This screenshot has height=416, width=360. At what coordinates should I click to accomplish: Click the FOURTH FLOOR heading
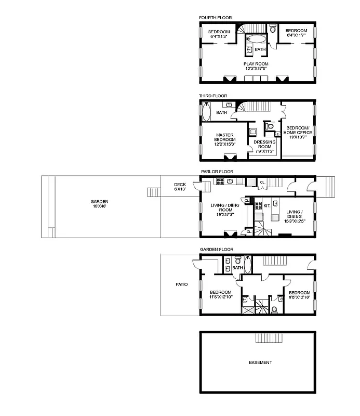[215, 18]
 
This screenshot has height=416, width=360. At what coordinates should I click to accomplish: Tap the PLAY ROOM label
[256, 64]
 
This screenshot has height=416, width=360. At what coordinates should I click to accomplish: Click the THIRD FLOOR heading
[213, 96]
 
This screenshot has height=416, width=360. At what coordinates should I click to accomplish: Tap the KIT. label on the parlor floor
[266, 206]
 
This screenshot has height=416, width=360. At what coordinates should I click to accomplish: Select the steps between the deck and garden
[154, 192]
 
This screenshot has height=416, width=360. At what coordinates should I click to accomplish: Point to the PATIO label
[181, 284]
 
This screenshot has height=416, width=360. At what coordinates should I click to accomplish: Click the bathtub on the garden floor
[248, 265]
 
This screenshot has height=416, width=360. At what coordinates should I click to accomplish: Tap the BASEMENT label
[260, 362]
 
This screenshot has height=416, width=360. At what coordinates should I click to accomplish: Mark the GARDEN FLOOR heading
[217, 250]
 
